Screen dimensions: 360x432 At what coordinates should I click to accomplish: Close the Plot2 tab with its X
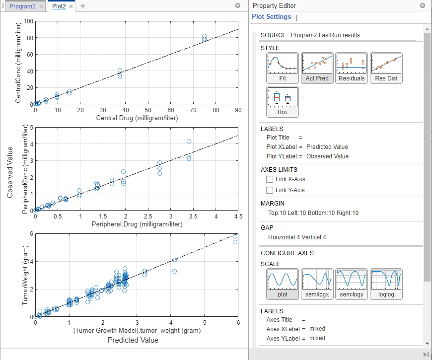tap(71, 6)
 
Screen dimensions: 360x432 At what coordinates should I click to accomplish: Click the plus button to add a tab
tap(83, 6)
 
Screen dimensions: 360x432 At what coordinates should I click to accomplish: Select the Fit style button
tap(283, 68)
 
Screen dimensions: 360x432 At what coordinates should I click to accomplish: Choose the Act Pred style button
tap(317, 68)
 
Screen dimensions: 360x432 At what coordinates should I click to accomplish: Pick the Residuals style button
tap(352, 68)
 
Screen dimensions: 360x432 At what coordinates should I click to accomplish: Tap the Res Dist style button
tap(386, 68)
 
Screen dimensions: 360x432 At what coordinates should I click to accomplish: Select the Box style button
tap(283, 102)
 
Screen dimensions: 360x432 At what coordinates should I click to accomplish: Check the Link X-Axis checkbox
tap(270, 179)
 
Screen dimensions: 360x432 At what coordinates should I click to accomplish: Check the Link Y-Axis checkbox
tap(270, 190)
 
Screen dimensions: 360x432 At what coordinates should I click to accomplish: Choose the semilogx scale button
tap(317, 284)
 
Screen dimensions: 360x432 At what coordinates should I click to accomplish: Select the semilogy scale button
tap(352, 284)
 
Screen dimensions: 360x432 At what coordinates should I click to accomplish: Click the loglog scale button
tap(386, 284)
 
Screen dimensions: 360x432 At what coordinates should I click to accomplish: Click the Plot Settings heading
tap(272, 17)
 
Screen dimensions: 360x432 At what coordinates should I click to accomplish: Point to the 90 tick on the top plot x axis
tap(238, 110)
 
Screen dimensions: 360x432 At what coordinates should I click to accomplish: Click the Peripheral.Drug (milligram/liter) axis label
tap(137, 224)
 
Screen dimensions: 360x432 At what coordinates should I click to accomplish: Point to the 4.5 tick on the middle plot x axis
tap(238, 216)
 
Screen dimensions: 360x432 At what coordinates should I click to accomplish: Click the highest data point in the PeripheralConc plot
tap(189, 142)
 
